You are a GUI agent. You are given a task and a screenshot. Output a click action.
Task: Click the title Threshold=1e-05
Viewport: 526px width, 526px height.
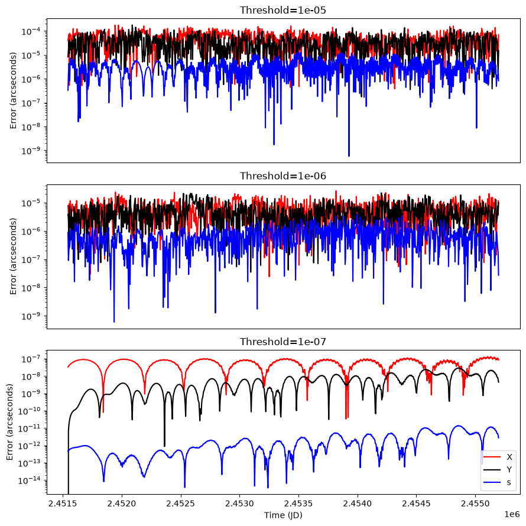click(283, 10)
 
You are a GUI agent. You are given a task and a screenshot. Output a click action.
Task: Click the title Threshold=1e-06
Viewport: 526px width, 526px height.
click(283, 176)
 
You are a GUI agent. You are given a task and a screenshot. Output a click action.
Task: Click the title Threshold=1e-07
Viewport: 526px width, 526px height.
click(283, 342)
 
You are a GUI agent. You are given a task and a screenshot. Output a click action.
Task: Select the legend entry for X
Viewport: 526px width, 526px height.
click(498, 457)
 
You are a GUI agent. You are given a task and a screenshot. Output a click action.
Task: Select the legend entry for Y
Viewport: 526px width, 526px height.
click(498, 470)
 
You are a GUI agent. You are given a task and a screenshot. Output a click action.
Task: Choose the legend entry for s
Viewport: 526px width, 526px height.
click(498, 482)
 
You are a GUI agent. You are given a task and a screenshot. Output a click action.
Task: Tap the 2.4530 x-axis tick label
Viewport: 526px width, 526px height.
click(239, 504)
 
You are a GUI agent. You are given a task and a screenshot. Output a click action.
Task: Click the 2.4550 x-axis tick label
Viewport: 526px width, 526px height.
click(475, 504)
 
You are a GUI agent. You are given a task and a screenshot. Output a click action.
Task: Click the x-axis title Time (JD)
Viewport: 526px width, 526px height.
click(283, 515)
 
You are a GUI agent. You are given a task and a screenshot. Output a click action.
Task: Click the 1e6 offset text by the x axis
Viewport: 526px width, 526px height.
click(512, 514)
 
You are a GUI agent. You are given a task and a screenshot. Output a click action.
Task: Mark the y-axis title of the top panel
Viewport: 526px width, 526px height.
click(13, 90)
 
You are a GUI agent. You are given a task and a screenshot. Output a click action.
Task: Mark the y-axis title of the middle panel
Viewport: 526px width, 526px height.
click(13, 256)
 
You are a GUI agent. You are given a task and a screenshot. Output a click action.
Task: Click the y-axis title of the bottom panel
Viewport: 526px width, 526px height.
click(9, 422)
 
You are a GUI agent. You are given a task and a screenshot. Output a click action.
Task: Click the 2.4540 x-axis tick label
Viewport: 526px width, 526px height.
click(357, 504)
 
